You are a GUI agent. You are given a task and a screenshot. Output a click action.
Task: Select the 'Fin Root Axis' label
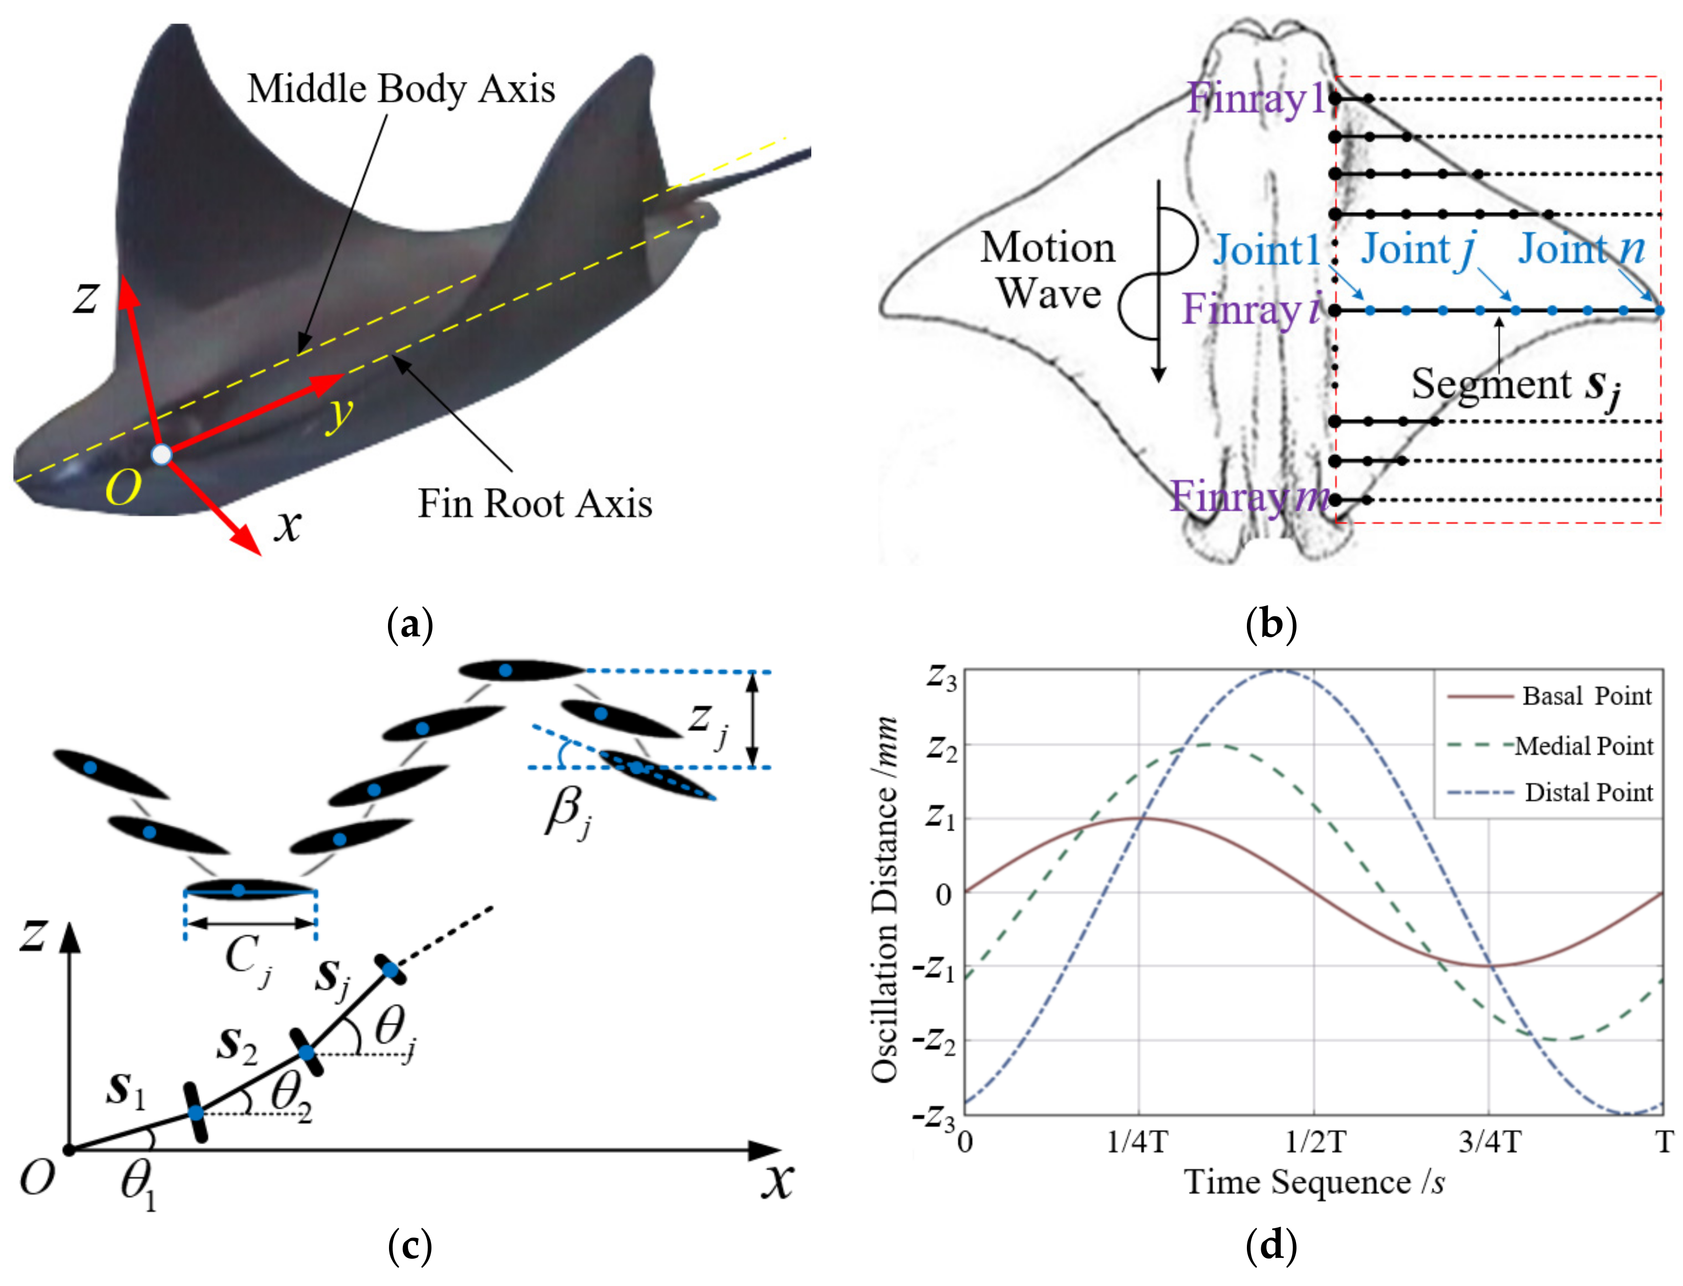click(534, 504)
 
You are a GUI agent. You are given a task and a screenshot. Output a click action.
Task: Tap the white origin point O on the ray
click(161, 454)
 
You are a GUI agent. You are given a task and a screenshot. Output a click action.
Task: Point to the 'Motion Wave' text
click(1048, 270)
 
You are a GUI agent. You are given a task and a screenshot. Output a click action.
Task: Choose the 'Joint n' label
click(1581, 249)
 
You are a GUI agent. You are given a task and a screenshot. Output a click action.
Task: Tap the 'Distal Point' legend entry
click(1588, 792)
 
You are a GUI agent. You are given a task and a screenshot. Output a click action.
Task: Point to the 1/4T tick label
click(1137, 1143)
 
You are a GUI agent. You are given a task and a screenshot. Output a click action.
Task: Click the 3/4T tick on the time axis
click(1490, 1143)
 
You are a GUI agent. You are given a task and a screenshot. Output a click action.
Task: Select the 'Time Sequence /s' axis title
click(1313, 1183)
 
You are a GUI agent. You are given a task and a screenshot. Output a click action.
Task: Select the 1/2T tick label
click(1314, 1143)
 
